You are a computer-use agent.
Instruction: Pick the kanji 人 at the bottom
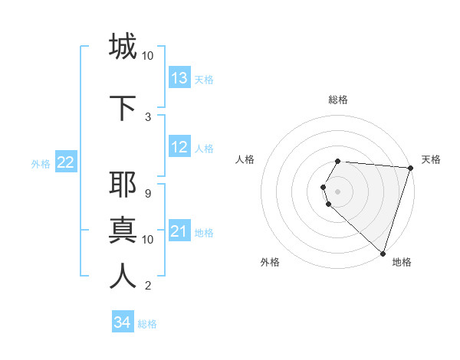pyautogui.click(x=123, y=277)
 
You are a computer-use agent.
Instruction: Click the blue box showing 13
pyautogui.click(x=179, y=78)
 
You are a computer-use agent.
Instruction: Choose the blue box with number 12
pyautogui.click(x=179, y=147)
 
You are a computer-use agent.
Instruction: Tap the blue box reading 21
pyautogui.click(x=179, y=231)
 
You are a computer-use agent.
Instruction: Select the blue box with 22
pyautogui.click(x=66, y=162)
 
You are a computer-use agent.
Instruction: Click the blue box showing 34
pyautogui.click(x=123, y=322)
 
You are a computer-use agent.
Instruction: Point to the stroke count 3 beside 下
pyautogui.click(x=147, y=117)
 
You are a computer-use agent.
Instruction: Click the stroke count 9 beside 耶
pyautogui.click(x=147, y=194)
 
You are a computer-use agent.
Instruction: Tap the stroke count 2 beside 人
pyautogui.click(x=147, y=286)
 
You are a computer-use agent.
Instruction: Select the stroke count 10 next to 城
pyautogui.click(x=147, y=56)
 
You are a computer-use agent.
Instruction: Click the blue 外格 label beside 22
pyautogui.click(x=41, y=163)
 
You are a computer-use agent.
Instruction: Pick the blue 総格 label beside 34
pyautogui.click(x=147, y=324)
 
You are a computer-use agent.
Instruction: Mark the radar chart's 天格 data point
pyautogui.click(x=410, y=168)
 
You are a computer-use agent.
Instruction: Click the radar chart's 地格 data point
pyautogui.click(x=383, y=253)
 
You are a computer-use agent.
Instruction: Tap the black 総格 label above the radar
pyautogui.click(x=338, y=100)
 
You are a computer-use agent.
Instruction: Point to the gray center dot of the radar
pyautogui.click(x=338, y=191)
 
